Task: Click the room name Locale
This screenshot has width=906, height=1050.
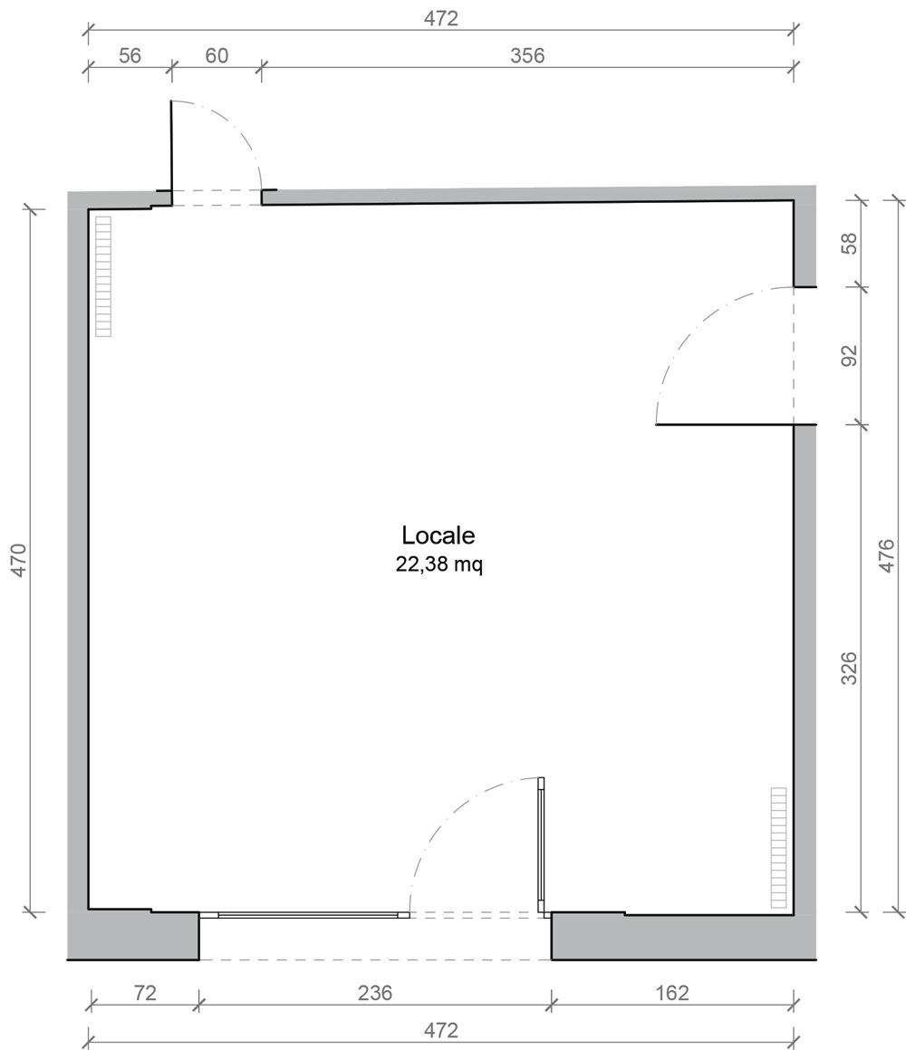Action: (x=438, y=535)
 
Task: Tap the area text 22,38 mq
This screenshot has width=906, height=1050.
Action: (x=439, y=564)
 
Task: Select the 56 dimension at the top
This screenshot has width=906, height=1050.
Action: (x=130, y=55)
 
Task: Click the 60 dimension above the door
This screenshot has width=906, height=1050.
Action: (x=217, y=55)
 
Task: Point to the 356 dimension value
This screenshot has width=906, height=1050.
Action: (x=527, y=55)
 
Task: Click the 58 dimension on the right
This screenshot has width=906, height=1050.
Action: (x=848, y=243)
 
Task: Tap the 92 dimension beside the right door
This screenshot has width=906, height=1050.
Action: (x=848, y=355)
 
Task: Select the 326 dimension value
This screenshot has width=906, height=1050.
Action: (x=848, y=668)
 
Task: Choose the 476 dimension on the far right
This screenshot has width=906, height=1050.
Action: (x=886, y=555)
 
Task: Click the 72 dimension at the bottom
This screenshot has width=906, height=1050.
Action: (x=145, y=992)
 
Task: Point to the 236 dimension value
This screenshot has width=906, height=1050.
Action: (x=374, y=992)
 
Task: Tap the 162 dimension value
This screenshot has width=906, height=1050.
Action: (x=671, y=992)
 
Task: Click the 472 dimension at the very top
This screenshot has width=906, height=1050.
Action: (x=440, y=18)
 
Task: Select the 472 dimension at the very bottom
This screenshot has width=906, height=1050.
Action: (x=440, y=1030)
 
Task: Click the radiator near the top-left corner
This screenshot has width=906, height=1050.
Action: (x=103, y=276)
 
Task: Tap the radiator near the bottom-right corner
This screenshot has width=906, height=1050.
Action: (x=778, y=848)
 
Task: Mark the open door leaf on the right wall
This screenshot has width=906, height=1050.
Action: (x=725, y=425)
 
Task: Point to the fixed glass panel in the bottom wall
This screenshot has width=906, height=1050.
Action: (x=304, y=915)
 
